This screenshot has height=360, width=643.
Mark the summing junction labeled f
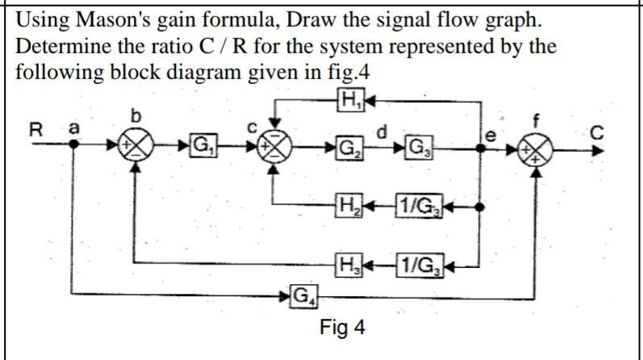[x=537, y=151]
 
